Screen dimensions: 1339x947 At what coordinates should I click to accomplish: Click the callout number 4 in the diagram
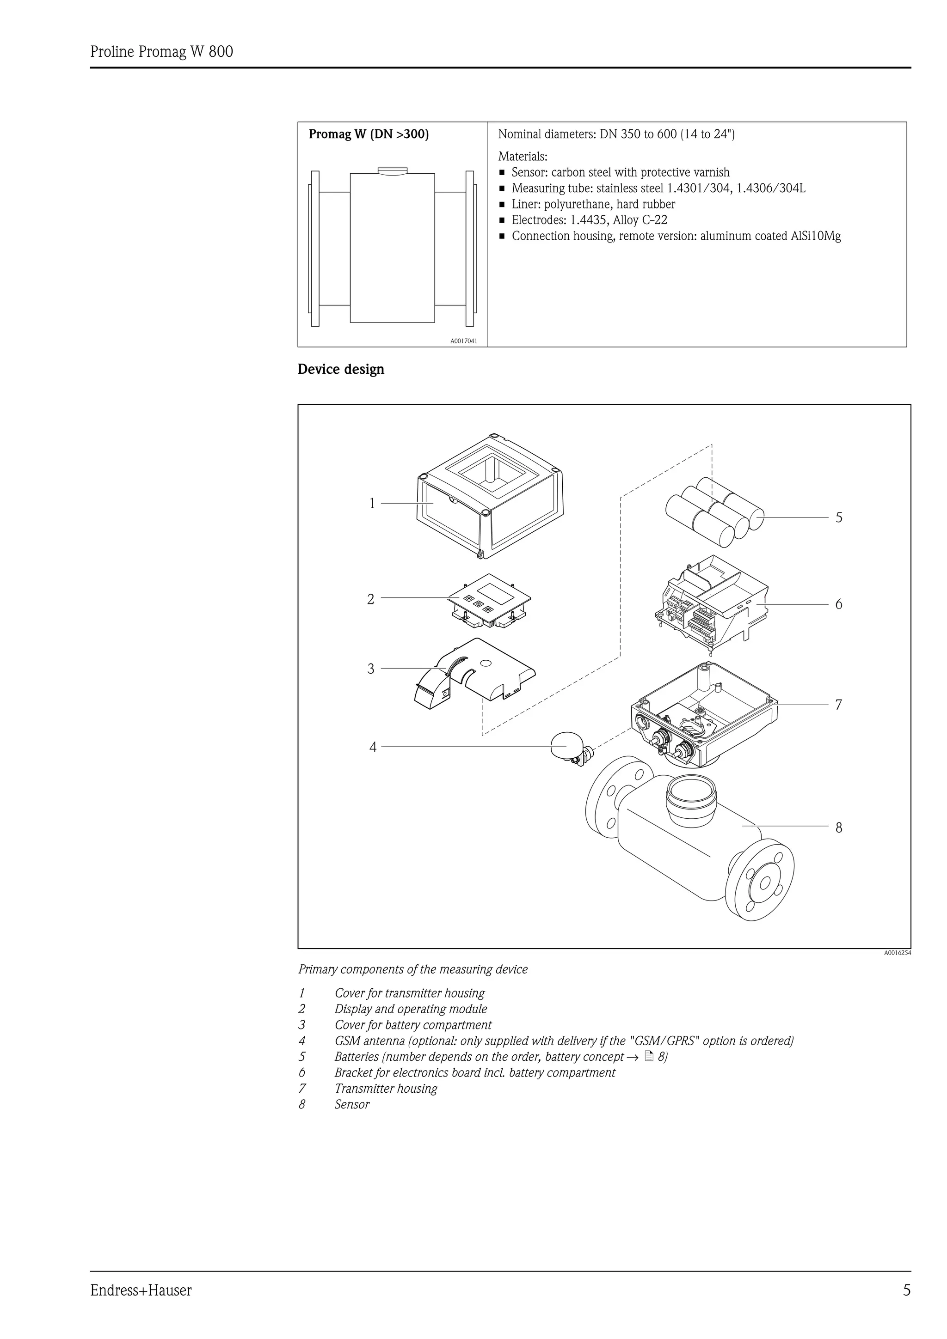373,747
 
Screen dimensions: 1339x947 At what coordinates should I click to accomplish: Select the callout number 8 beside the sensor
838,828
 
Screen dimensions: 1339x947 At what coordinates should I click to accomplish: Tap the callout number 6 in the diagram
838,604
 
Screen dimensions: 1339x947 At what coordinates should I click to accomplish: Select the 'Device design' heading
341,369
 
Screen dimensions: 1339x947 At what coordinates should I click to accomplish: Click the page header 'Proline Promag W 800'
162,52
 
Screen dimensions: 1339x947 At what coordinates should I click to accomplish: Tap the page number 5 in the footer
906,1306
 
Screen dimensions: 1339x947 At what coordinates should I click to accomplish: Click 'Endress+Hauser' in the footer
141,1306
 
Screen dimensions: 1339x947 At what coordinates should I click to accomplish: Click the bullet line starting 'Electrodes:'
589,220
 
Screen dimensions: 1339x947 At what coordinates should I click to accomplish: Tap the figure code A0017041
463,341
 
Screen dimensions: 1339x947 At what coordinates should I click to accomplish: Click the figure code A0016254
897,953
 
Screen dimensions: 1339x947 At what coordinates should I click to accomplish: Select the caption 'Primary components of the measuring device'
412,969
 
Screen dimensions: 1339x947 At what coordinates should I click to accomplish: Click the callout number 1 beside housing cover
372,503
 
